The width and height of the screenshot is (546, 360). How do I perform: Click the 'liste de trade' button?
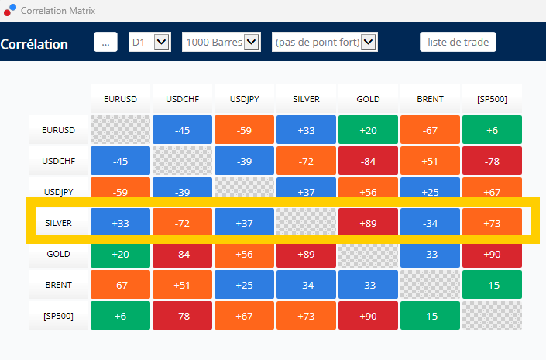tap(458, 42)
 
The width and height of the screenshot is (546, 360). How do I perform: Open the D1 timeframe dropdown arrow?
tap(162, 42)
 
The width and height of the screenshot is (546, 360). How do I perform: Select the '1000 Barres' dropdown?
tap(221, 42)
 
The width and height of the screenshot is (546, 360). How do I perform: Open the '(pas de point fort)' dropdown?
tap(325, 42)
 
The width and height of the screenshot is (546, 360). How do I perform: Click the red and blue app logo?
tap(10, 10)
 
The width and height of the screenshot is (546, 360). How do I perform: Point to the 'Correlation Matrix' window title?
tap(58, 11)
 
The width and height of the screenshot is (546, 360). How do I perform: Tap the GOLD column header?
tap(368, 99)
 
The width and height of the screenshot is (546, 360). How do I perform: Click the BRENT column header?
tap(430, 99)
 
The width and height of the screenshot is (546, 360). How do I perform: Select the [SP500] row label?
tap(59, 316)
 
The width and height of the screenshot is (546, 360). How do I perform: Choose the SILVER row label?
tap(59, 223)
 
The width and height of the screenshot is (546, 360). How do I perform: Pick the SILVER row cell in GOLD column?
tap(368, 223)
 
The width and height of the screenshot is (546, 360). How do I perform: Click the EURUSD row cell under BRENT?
tap(430, 130)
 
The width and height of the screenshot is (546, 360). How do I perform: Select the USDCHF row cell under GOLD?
tap(368, 161)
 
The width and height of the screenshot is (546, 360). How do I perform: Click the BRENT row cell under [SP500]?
tap(492, 285)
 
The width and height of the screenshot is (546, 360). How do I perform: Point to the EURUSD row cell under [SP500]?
tap(492, 130)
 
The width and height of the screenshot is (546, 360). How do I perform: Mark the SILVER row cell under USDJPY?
tap(244, 223)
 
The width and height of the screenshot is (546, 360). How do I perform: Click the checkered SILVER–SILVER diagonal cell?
tap(306, 221)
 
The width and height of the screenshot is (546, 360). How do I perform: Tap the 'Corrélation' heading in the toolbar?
tap(34, 44)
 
